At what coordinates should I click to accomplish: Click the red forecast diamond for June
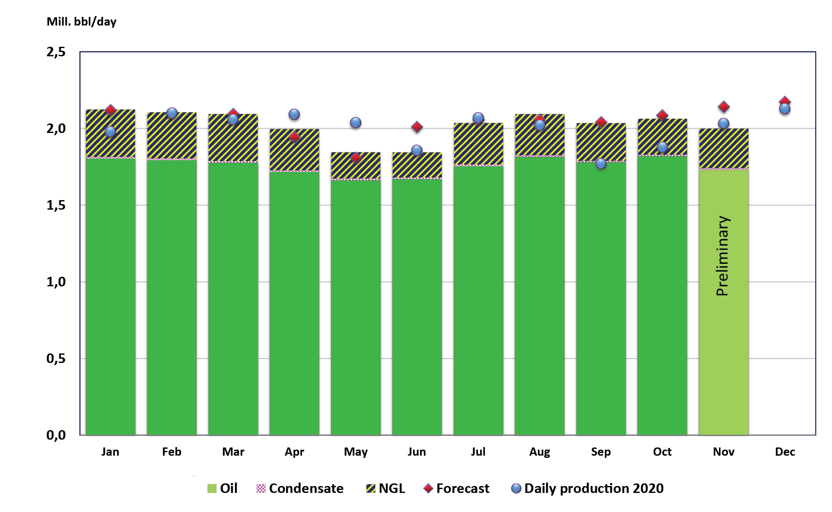coord(417,127)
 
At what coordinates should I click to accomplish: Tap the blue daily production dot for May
coord(356,123)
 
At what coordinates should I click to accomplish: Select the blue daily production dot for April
coord(294,114)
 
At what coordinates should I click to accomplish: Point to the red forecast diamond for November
coord(724,107)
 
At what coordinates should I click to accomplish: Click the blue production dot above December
coord(785,109)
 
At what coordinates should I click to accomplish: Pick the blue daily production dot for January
coord(110,132)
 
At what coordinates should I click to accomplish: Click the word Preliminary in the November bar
coord(723,256)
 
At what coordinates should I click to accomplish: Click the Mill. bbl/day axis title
coord(81,22)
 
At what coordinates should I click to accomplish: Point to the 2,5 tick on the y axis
coord(56,52)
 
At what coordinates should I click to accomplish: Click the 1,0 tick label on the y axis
coord(56,282)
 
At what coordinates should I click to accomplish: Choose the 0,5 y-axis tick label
coord(56,359)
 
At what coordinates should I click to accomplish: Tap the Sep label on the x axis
coord(601,452)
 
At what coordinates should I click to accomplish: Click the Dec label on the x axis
coord(785,452)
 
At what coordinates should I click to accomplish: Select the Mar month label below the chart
coord(233,452)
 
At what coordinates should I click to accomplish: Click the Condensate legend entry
coord(300,488)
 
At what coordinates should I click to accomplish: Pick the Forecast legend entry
coord(457,488)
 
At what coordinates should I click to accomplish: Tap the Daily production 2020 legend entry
coord(588,488)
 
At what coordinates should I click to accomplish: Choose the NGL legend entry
coord(386,488)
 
